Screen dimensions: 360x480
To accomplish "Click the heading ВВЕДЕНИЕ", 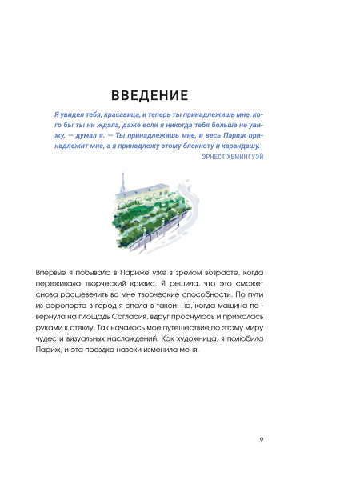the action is [150, 96].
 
